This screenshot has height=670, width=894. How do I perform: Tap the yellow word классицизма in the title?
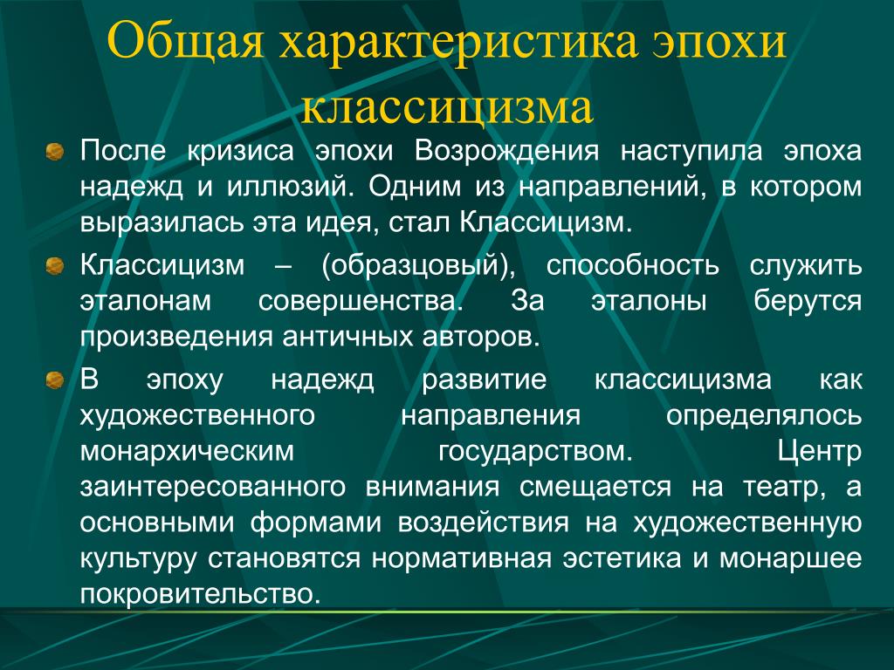click(448, 107)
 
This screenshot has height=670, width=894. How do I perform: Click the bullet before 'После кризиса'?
click(54, 152)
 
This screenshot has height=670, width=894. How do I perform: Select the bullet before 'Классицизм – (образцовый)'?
click(54, 265)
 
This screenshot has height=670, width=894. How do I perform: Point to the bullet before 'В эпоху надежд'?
click(54, 379)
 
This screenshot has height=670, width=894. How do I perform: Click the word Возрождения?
click(507, 152)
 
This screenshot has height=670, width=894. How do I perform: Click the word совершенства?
click(361, 302)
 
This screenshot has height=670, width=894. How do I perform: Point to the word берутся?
click(808, 301)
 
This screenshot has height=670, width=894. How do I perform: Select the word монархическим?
click(187, 451)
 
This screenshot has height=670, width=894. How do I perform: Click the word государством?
click(535, 451)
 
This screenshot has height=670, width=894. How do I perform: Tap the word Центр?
click(819, 451)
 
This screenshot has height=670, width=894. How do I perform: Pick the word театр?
click(784, 488)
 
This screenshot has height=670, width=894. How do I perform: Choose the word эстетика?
click(622, 558)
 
